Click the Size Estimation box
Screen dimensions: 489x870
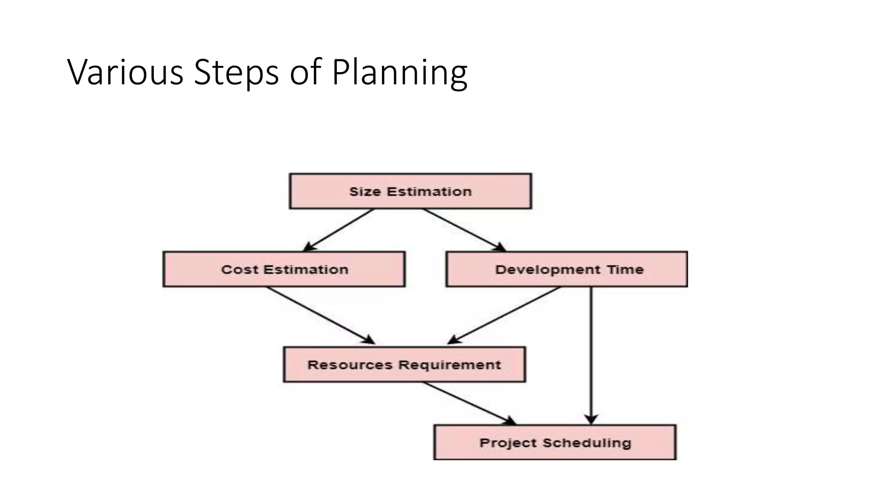[x=410, y=191]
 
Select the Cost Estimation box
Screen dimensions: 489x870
[x=284, y=269]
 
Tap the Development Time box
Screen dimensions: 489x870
[x=566, y=269]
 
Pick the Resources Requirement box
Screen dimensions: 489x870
[x=404, y=365]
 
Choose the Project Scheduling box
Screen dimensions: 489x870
[x=555, y=442]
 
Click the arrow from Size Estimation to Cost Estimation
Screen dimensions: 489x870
[x=339, y=230]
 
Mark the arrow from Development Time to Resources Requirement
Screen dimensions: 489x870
[x=504, y=315]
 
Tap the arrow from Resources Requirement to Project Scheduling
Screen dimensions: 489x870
[x=469, y=403]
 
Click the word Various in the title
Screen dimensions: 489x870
[x=125, y=72]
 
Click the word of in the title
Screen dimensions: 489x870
[x=305, y=72]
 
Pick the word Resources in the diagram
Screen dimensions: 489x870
[x=350, y=365]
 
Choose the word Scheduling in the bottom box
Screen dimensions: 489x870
[x=587, y=443]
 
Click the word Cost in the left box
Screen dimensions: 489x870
[x=240, y=270]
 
